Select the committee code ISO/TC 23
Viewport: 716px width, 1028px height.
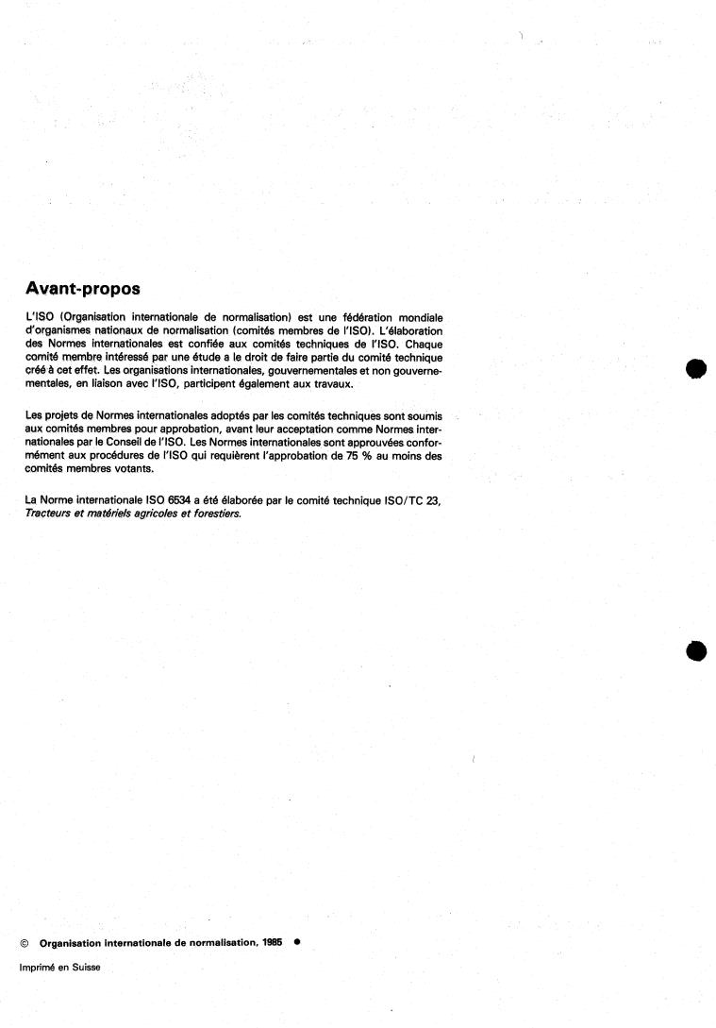409,501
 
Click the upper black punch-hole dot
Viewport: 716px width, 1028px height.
696,369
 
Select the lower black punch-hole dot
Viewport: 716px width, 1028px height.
696,650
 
